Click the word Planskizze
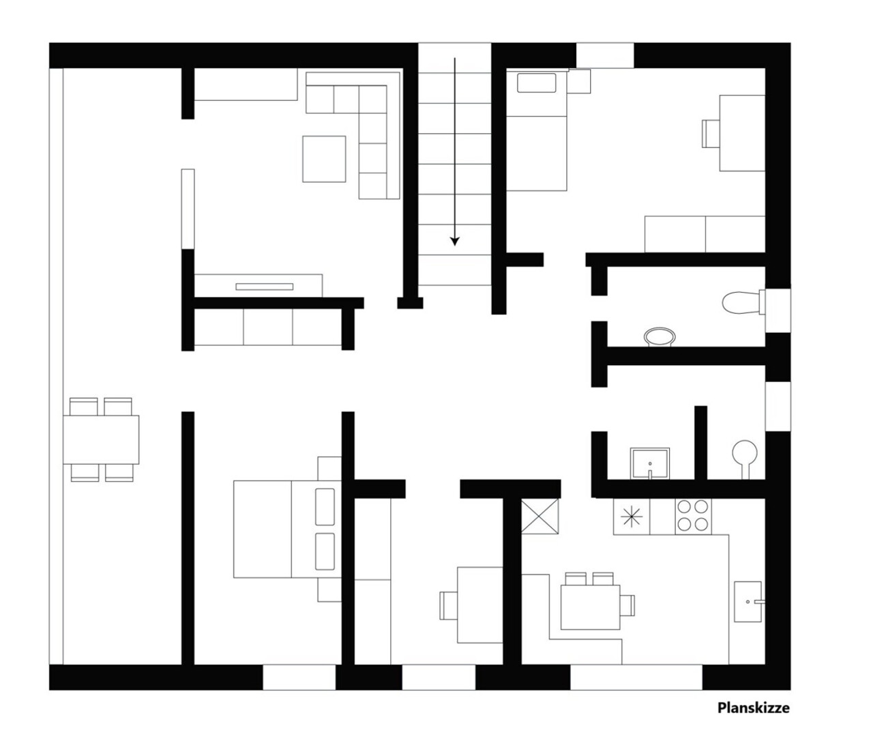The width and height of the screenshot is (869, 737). tap(754, 708)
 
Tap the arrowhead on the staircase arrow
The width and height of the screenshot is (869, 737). tap(454, 241)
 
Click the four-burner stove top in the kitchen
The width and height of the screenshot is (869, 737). tap(693, 517)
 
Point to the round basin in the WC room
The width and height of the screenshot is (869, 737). tap(660, 337)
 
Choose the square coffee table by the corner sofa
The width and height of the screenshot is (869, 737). tap(324, 159)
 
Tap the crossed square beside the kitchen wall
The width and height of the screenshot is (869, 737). tap(540, 517)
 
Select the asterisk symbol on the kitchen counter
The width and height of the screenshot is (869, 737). tap(632, 517)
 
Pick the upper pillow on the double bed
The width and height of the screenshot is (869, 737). tap(325, 507)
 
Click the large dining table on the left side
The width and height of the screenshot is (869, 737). tap(101, 439)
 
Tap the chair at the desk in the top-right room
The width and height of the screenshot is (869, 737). tap(711, 134)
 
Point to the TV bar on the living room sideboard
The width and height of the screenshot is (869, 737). tap(265, 287)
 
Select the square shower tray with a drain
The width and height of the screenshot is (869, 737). tap(650, 463)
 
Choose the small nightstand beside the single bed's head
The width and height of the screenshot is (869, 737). tap(579, 81)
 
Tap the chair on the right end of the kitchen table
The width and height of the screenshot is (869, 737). tap(628, 605)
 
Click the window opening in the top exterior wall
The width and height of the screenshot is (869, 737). tap(604, 55)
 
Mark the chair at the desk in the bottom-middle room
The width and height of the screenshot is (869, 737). tap(448, 605)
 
